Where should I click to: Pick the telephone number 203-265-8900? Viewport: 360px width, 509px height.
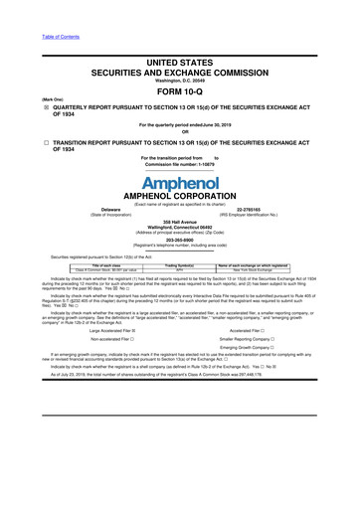coord(179,266)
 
